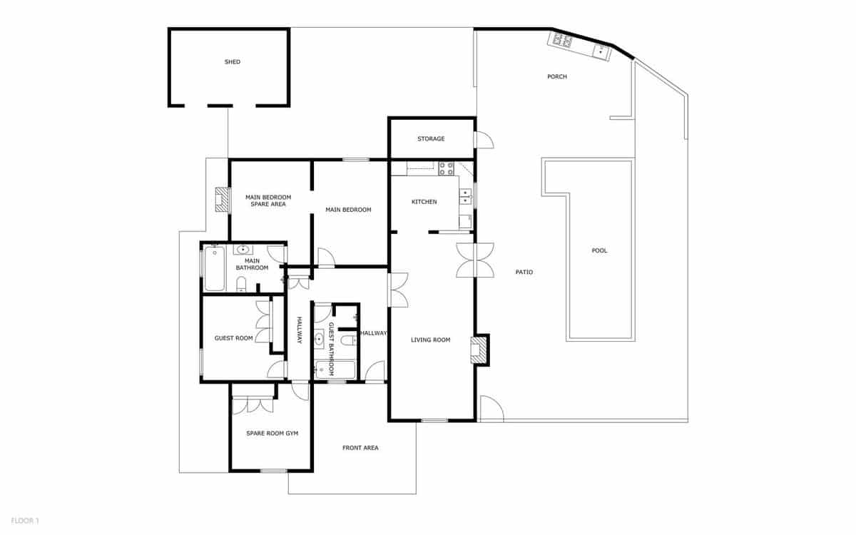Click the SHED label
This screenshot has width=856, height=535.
233,62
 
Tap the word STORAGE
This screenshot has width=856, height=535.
431,138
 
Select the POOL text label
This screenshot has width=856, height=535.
600,250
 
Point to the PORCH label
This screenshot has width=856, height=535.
557,76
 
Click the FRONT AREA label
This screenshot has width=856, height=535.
360,448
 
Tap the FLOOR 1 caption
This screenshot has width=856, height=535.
25,521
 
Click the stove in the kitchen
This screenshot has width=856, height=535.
447,168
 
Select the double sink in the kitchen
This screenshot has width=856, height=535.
466,196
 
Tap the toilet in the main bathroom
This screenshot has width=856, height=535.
241,286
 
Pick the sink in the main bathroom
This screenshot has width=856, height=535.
243,250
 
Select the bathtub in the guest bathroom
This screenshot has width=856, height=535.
335,370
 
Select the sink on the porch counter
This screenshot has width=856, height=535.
601,51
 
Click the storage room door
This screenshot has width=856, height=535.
484,140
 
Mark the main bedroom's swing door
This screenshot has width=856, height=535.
325,258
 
